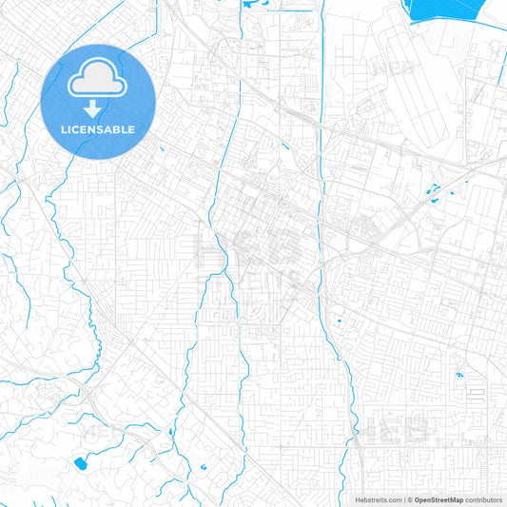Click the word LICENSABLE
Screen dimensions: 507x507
99,129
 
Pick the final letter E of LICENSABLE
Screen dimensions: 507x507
132,129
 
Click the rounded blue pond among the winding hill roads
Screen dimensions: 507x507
79,463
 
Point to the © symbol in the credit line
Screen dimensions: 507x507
408,499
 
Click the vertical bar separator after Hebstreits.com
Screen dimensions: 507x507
402,499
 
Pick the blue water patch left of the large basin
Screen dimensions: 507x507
252,5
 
